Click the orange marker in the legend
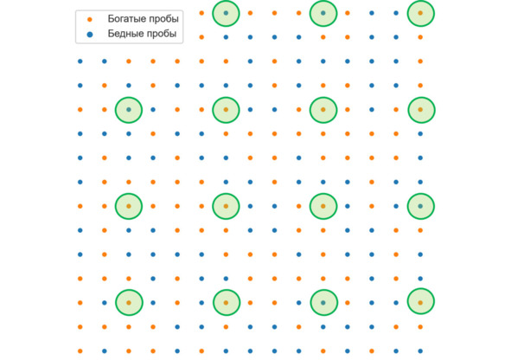(x=90, y=20)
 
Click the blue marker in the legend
(x=90, y=34)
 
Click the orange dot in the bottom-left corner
(x=80, y=351)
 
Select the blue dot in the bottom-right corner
(x=420, y=351)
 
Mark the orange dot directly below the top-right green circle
(x=420, y=37)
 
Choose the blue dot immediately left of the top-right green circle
(x=396, y=13)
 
